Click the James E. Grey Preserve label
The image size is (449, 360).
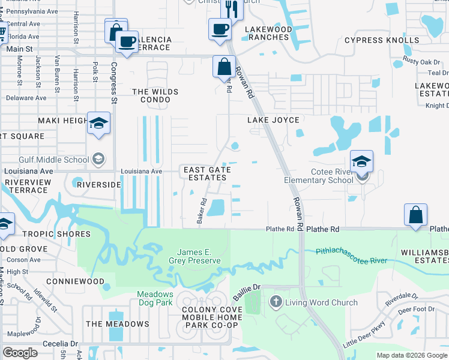199,256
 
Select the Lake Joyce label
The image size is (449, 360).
273,120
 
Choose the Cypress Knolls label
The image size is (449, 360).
382,40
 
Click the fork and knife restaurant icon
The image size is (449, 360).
231,8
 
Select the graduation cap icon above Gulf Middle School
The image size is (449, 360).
98,124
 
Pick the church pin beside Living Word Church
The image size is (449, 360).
276,301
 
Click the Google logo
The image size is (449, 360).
20,352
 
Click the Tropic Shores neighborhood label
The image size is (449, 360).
48,234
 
